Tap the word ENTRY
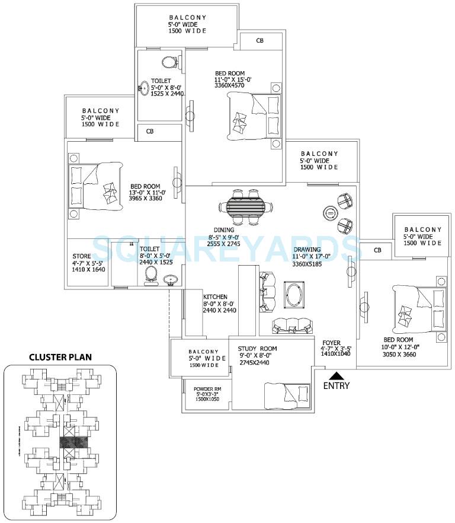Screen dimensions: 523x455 (336, 386)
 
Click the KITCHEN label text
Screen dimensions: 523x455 (216, 296)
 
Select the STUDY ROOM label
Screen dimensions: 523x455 (257, 349)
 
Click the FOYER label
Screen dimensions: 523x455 (331, 342)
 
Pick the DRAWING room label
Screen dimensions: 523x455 (306, 249)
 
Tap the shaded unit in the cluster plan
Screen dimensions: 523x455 (73, 442)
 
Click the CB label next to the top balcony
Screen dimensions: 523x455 (259, 41)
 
